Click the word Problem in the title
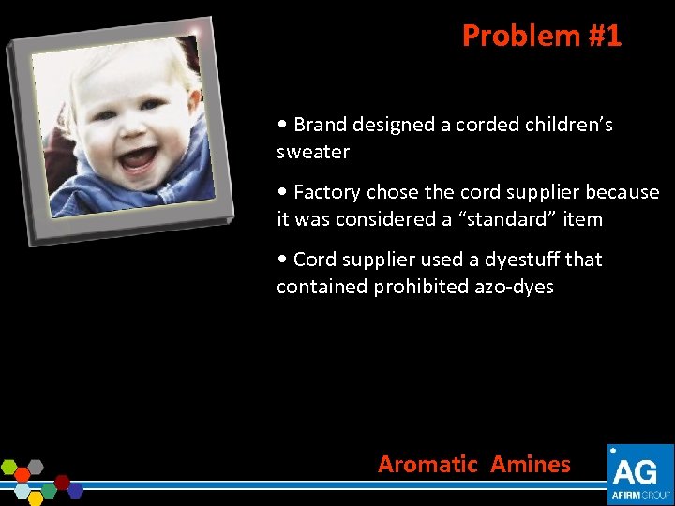tap(508, 36)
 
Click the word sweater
tap(313, 152)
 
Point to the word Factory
tap(326, 192)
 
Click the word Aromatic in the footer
tap(427, 464)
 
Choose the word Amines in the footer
tap(531, 464)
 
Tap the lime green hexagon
tap(9, 466)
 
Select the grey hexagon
tap(35, 466)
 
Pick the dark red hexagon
tap(62, 482)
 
